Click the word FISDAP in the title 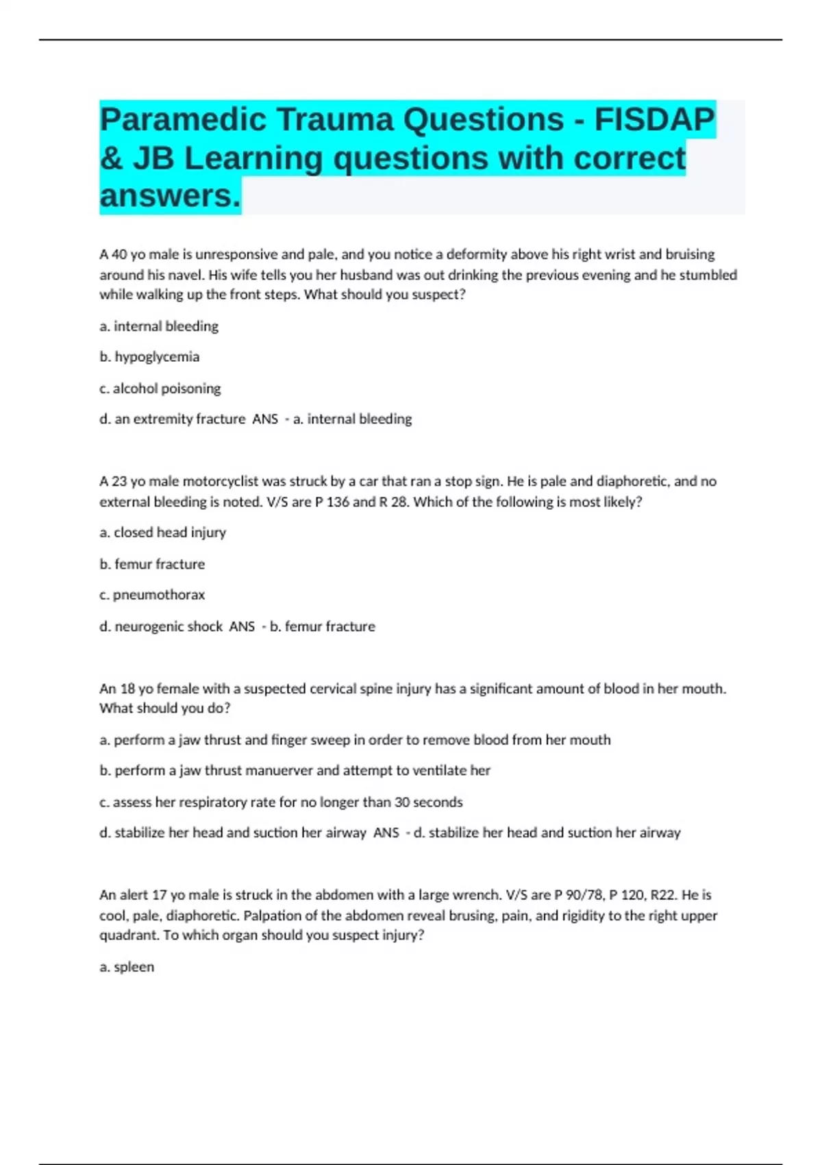(654, 120)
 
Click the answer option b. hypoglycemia (149, 357)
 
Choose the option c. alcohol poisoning (160, 389)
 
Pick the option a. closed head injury (163, 532)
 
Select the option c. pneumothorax (152, 595)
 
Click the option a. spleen (127, 967)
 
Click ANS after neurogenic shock (242, 626)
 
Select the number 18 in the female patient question (127, 689)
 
